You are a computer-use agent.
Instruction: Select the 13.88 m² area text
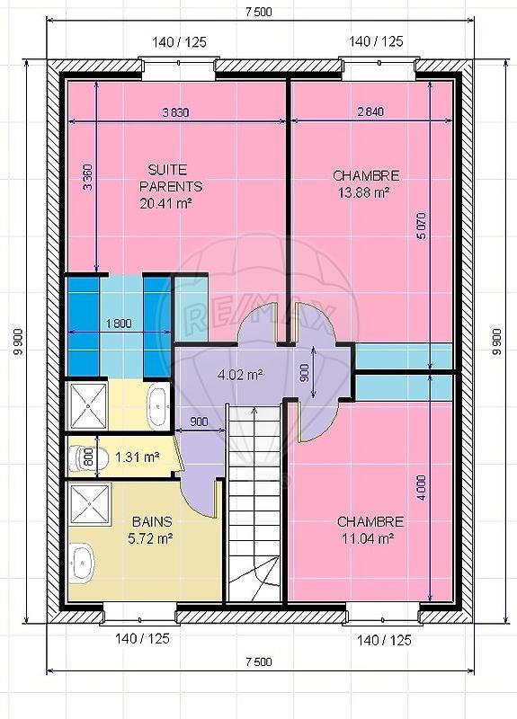point(365,192)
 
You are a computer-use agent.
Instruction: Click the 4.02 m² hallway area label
point(240,375)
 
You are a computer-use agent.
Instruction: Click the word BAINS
point(152,521)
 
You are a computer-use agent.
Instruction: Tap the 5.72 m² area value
point(152,538)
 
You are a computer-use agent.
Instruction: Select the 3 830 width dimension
point(175,112)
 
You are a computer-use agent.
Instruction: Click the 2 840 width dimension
point(370,112)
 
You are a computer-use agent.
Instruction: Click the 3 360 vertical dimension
point(87,181)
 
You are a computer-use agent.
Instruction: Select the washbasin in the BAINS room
point(83,562)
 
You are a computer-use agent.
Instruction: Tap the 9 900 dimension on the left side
point(16,342)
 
